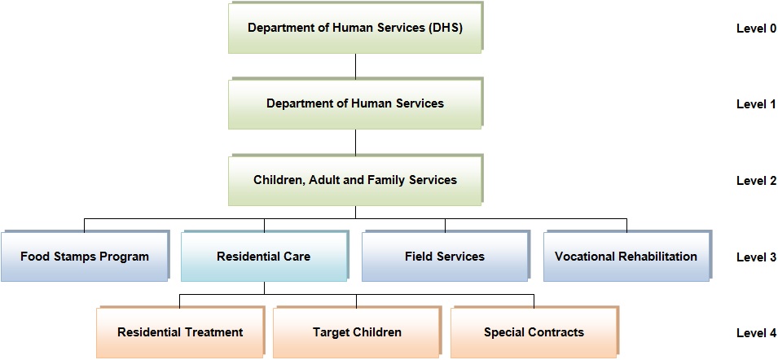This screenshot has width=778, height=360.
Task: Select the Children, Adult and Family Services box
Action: (355, 179)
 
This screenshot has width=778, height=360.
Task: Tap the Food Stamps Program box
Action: (85, 257)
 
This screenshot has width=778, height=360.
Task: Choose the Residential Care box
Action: (264, 257)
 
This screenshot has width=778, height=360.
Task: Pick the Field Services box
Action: (445, 257)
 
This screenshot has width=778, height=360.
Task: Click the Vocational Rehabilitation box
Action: (626, 257)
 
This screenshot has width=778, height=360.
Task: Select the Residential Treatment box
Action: (181, 331)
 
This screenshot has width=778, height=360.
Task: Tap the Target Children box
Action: (358, 331)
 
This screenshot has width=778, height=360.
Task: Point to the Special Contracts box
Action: (534, 331)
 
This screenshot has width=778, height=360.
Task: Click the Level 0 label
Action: (756, 29)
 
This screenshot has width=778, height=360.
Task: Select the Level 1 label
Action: (756, 104)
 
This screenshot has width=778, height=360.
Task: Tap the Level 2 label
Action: (756, 181)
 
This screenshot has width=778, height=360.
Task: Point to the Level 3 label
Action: (756, 257)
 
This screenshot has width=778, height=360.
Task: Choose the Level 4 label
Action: (756, 333)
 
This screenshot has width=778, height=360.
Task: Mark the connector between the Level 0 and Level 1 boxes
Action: (356, 65)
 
